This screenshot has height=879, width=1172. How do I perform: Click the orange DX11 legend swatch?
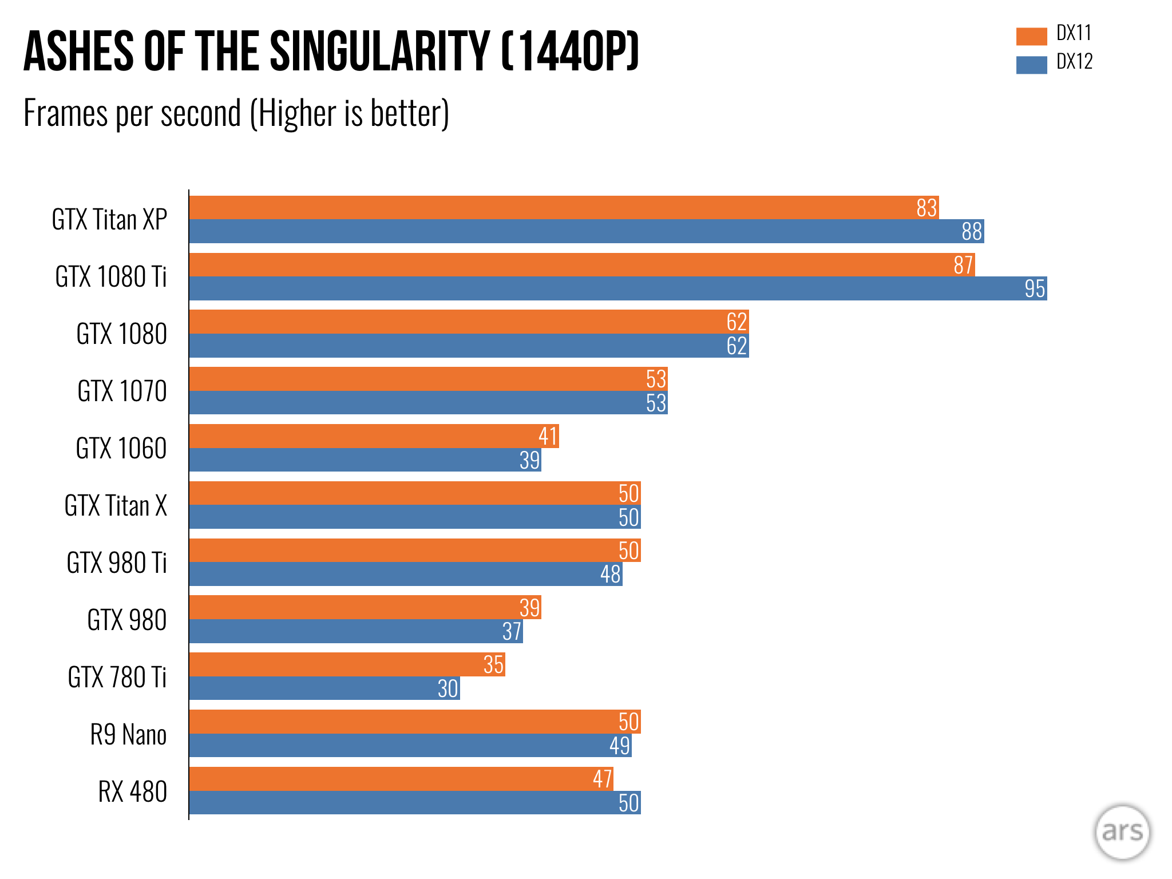pos(1031,36)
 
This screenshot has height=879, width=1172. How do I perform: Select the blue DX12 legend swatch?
pos(1031,65)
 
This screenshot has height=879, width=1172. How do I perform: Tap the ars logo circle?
pos(1122,832)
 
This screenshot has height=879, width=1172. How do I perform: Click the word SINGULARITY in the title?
pos(379,52)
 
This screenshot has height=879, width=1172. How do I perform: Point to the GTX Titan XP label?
pos(109,220)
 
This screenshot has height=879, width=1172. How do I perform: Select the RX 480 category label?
pos(132,792)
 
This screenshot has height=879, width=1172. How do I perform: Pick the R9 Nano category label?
pos(128,735)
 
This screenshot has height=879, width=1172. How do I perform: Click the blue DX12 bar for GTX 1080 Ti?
pos(618,288)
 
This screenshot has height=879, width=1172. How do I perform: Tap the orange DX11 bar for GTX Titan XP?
pos(564,208)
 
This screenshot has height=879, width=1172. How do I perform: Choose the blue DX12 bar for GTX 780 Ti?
pos(324,688)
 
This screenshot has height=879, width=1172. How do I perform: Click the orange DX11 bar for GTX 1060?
pos(374,436)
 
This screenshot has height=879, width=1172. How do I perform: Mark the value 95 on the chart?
pos(1035,288)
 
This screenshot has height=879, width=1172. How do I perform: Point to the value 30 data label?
pos(448,688)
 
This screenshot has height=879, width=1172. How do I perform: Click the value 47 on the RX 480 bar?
pos(603,779)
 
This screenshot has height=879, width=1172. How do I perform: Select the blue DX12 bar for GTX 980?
pos(356,631)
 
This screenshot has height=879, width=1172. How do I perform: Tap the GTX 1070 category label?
pos(122,391)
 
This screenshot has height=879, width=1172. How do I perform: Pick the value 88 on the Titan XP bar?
pos(972,232)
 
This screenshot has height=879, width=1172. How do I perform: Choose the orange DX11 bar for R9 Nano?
pos(415,722)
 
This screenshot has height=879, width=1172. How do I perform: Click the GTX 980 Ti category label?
pos(117,563)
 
